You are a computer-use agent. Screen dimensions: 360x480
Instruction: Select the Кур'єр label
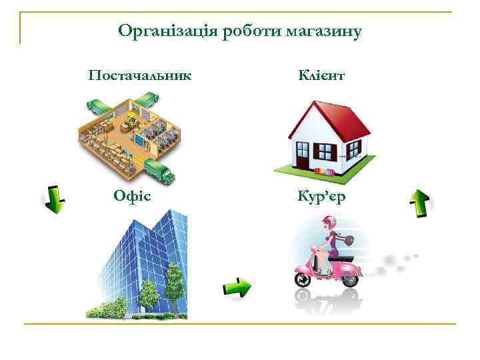[x=321, y=197]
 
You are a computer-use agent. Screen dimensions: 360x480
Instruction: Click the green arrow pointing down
[x=55, y=199]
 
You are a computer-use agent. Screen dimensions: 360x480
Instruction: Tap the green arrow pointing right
[x=236, y=288]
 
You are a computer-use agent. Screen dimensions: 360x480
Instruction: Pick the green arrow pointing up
[x=419, y=203]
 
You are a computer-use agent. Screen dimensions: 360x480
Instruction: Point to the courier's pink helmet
[x=328, y=223]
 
